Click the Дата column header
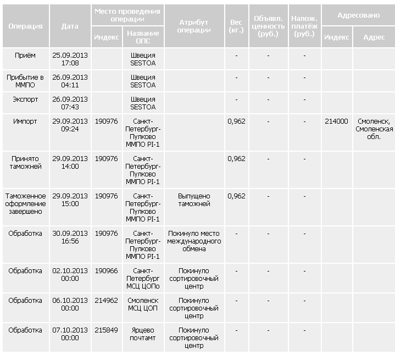[70, 26]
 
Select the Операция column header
[25, 26]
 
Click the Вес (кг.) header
[236, 26]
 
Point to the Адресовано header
[358, 15]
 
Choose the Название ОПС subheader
[143, 37]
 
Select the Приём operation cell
[25, 56]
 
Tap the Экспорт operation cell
[25, 99]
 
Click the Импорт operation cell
[25, 121]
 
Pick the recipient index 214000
[336, 121]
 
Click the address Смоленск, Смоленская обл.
[374, 129]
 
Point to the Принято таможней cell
[25, 162]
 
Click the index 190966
[106, 271]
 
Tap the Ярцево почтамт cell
[143, 334]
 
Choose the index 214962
[106, 301]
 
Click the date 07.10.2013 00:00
[70, 334]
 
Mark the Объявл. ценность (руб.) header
[268, 26]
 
